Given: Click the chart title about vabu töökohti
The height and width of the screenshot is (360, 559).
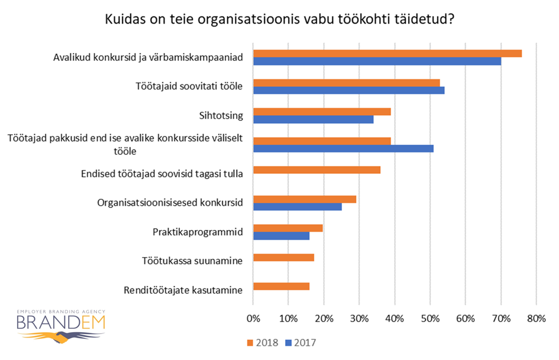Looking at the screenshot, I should (279, 19).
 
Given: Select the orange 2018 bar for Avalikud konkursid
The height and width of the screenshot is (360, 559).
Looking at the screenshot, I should (387, 53).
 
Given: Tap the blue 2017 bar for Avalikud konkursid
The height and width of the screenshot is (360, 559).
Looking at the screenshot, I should (377, 61).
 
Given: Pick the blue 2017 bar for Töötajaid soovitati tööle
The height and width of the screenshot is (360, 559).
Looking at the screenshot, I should (348, 90).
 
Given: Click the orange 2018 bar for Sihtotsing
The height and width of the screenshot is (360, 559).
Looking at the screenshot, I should (322, 111).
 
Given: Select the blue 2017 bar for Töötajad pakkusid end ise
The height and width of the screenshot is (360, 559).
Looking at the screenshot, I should (343, 148).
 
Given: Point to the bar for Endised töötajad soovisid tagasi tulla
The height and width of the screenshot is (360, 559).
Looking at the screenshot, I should (316, 170).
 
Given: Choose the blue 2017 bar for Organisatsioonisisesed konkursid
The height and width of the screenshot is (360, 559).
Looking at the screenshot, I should (297, 207).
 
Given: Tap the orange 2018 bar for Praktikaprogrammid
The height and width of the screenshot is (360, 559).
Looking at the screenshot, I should (287, 228).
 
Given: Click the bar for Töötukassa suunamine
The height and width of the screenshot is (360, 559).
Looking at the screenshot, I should (283, 258).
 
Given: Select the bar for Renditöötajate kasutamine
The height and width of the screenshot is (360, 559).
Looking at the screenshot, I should (281, 287).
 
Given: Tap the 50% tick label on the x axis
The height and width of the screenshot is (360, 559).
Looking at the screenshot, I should (429, 320).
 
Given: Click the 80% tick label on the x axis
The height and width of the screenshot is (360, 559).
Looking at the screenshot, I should (535, 320).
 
